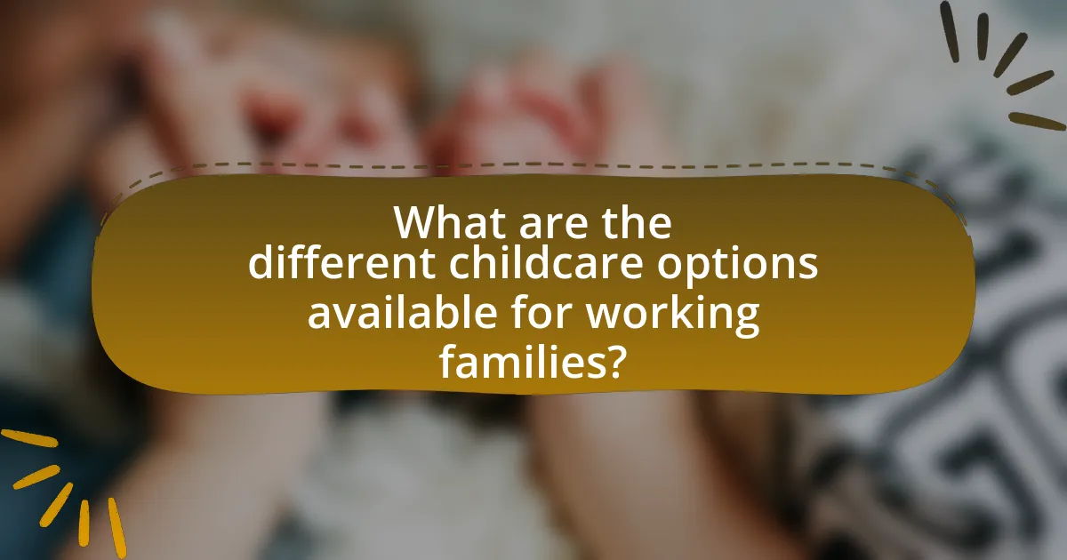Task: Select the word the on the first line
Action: [638, 222]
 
